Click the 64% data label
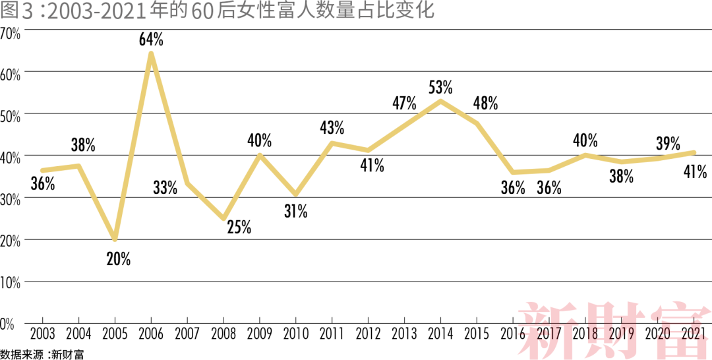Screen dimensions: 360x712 click(x=151, y=40)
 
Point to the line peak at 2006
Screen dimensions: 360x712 click(x=151, y=54)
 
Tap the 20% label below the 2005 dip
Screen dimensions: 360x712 click(x=119, y=259)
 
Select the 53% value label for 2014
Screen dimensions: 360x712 click(x=440, y=88)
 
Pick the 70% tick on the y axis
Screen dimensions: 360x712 click(x=11, y=32)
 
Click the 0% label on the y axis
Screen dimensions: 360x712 click(x=7, y=324)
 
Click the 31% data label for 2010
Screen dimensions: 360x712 click(x=296, y=211)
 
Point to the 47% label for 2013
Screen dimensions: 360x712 click(x=404, y=103)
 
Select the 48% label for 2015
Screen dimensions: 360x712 click(x=485, y=104)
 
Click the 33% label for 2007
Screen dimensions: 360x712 click(x=165, y=188)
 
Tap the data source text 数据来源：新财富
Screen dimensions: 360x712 click(x=42, y=354)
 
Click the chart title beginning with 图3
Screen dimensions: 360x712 click(x=218, y=11)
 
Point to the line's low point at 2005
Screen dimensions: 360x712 click(x=115, y=239)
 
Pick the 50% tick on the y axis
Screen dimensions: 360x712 click(x=11, y=115)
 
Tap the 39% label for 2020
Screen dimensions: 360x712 click(x=668, y=143)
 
